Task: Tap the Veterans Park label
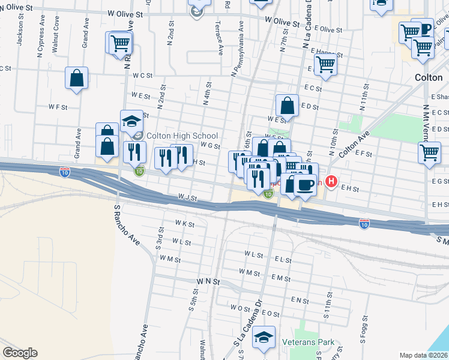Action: click(x=308, y=343)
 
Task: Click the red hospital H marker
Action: click(x=330, y=180)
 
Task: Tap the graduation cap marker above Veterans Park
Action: click(x=264, y=338)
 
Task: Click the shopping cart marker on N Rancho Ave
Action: click(x=121, y=43)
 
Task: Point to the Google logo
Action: click(x=20, y=353)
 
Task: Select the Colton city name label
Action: click(x=429, y=77)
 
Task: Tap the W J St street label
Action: click(x=187, y=197)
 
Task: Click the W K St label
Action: click(x=184, y=224)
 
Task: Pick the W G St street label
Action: click(x=211, y=145)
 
